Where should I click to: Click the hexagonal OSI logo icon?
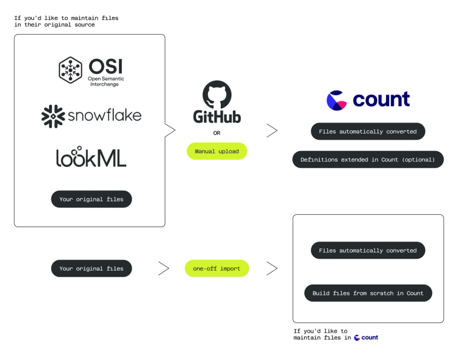coord(70,70)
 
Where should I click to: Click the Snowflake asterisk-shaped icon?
coord(53,116)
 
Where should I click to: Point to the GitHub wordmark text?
coord(217,117)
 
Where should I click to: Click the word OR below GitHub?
coord(217,133)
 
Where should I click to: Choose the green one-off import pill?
coord(217,269)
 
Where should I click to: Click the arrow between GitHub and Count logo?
coord(272,131)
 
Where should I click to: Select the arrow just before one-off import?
coord(163,268)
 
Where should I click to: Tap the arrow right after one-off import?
coord(272,268)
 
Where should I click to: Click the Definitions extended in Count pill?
coord(368,159)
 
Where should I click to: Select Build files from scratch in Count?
coord(368,293)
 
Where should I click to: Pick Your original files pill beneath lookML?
coord(91,199)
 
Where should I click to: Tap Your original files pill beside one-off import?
coord(91,269)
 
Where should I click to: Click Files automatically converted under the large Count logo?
coord(368,131)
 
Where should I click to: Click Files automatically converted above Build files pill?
coord(368,250)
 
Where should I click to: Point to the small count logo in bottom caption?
coord(366,337)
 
